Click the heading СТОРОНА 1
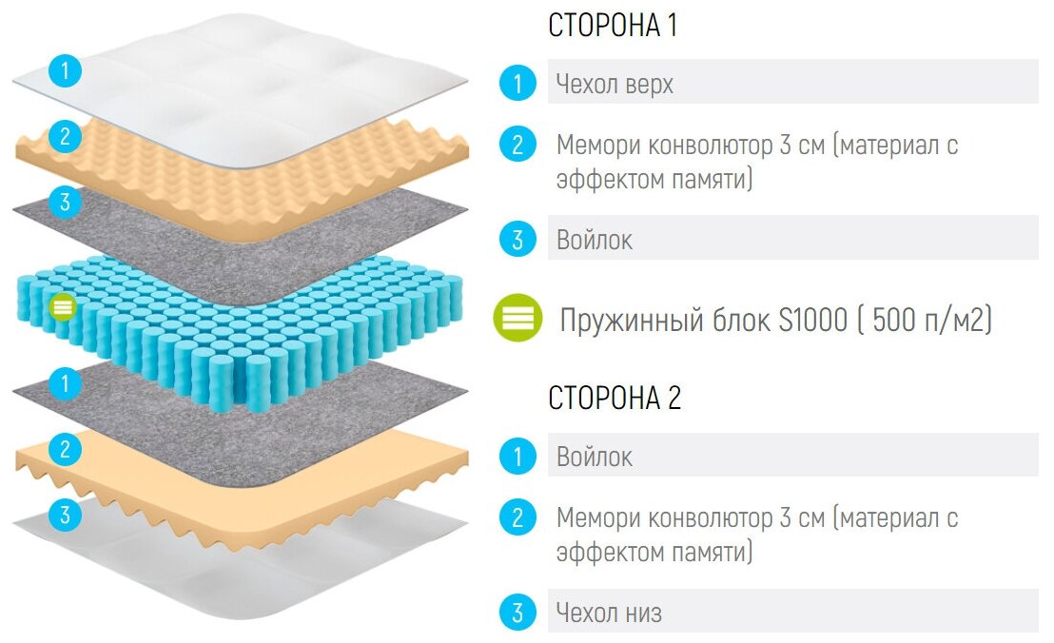click(x=613, y=26)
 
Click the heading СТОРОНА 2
click(x=615, y=398)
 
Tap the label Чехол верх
click(x=615, y=84)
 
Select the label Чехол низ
click(x=609, y=614)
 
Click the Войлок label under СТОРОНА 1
click(x=595, y=240)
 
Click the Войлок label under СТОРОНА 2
click(x=595, y=457)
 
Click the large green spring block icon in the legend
click(x=518, y=319)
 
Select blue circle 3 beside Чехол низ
click(x=517, y=614)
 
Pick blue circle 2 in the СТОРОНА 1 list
click(x=517, y=146)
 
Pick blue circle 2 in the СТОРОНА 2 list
click(x=517, y=518)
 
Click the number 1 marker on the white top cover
click(x=65, y=70)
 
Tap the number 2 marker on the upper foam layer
click(x=65, y=136)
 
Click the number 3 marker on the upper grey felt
click(x=65, y=202)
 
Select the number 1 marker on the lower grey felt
click(x=65, y=384)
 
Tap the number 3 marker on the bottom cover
click(x=65, y=516)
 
